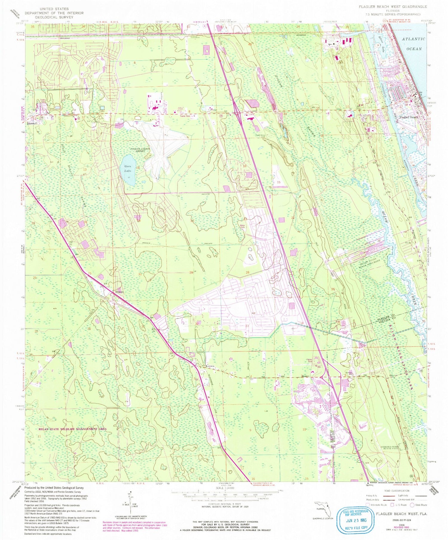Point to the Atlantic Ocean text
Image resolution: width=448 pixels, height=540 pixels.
click(x=413, y=44)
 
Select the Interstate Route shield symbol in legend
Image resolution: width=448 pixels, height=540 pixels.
click(x=368, y=505)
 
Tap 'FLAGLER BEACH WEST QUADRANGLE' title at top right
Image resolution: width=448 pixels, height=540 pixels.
click(x=393, y=7)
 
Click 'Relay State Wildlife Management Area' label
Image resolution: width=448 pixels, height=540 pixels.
click(x=72, y=429)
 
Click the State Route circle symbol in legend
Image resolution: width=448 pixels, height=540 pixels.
click(x=412, y=505)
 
